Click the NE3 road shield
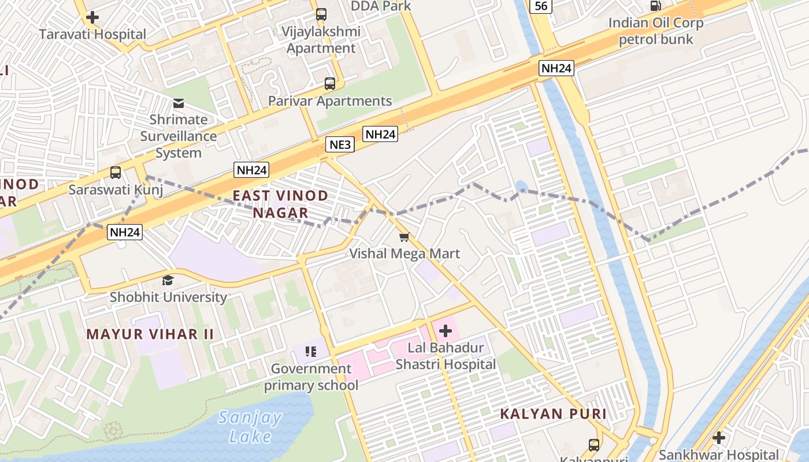(340, 144)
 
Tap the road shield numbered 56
(541, 6)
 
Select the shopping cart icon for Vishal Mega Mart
(404, 237)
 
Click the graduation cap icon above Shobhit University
(168, 281)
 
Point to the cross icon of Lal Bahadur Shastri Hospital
(446, 331)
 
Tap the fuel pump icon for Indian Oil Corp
(656, 6)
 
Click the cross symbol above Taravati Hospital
(92, 17)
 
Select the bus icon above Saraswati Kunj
(116, 173)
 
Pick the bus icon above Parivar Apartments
(330, 84)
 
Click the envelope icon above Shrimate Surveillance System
(179, 104)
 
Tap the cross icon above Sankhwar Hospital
(719, 438)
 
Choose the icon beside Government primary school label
(311, 351)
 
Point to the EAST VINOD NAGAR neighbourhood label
(280, 204)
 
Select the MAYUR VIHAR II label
(150, 334)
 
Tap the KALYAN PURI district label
(553, 413)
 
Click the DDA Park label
(381, 6)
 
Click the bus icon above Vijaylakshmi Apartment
(321, 14)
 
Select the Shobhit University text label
(169, 297)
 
